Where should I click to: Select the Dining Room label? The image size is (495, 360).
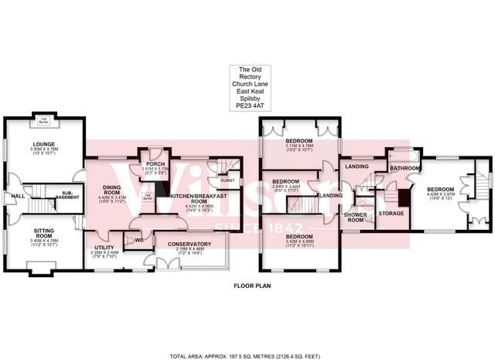pyautogui.click(x=107, y=189)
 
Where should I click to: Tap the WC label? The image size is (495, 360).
pyautogui.click(x=139, y=240)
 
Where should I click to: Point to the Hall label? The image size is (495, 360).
pyautogui.click(x=17, y=196)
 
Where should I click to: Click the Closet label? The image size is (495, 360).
pyautogui.click(x=227, y=180)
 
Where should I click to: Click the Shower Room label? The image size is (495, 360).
pyautogui.click(x=354, y=216)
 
